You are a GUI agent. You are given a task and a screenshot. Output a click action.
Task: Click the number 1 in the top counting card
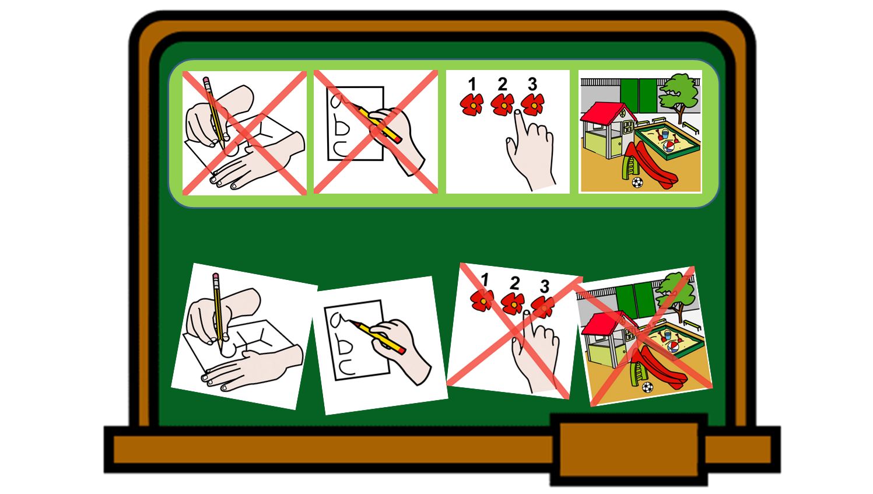tap(472, 84)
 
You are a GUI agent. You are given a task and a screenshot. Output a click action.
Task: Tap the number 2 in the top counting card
tap(502, 84)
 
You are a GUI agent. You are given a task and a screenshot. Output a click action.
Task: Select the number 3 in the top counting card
tap(532, 84)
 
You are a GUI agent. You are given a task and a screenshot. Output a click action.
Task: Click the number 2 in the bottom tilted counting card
tap(515, 283)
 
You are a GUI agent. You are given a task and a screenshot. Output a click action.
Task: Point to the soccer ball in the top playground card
tap(637, 183)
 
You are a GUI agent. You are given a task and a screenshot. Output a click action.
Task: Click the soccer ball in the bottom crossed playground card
tap(647, 387)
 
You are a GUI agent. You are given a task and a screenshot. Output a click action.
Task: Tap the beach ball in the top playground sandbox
tap(668, 148)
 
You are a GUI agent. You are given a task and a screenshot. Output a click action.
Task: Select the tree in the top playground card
tap(679, 96)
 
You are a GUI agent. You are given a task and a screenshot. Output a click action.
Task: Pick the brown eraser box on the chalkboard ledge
tap(629, 449)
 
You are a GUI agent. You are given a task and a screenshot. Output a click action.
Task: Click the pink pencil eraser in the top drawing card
tap(206, 80)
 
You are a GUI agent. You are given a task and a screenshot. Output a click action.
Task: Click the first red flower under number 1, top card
tap(472, 104)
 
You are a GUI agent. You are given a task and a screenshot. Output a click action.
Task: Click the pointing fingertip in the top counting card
tap(518, 114)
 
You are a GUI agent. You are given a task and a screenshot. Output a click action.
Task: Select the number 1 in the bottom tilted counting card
tap(485, 279)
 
